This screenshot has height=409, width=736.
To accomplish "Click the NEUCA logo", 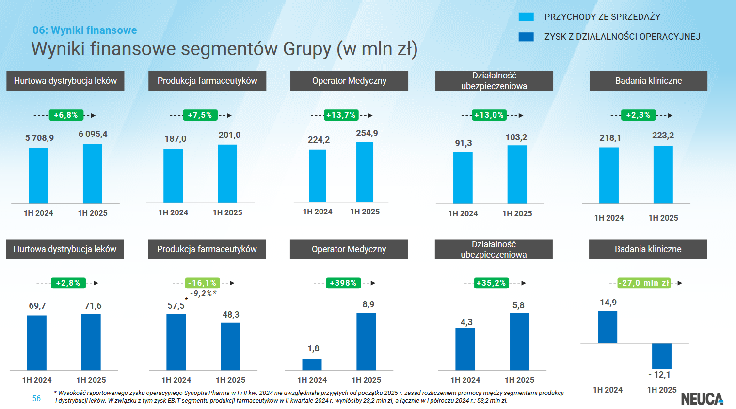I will click(x=702, y=398).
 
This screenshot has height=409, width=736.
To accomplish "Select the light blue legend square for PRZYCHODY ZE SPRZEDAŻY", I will click(x=526, y=17).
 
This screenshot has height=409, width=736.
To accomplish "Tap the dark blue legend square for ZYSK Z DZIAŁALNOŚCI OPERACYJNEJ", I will click(x=526, y=37).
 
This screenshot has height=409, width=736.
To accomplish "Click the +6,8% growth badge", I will click(x=65, y=115).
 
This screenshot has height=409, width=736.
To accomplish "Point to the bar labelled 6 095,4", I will click(x=93, y=174).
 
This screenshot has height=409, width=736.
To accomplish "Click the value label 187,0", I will click(x=175, y=139).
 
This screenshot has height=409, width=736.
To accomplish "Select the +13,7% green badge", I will click(x=341, y=115).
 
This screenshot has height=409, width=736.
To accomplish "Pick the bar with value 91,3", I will click(x=463, y=178).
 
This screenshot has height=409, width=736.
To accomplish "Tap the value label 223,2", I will click(x=663, y=136).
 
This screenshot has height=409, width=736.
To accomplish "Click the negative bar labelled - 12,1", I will click(x=661, y=356).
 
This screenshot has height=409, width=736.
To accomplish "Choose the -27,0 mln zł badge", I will click(x=644, y=283).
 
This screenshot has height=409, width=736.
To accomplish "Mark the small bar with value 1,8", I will click(x=312, y=364).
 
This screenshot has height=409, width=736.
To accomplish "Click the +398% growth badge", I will click(x=343, y=283).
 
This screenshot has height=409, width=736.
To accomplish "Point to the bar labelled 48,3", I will click(x=230, y=347).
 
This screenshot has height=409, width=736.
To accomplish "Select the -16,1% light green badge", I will click(x=203, y=283).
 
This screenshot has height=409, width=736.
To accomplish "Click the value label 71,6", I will click(x=93, y=306).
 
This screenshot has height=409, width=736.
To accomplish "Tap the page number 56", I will click(x=36, y=398).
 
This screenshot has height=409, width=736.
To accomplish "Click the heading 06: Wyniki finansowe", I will click(x=85, y=30).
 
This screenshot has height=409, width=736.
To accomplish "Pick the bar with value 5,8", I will click(x=519, y=342).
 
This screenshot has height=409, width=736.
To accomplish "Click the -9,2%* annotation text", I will click(x=203, y=294).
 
